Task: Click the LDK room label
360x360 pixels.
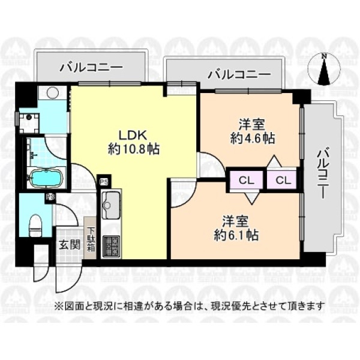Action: (x=132, y=136)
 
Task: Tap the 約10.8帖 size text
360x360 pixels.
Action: (x=134, y=149)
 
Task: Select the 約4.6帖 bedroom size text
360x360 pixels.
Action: (x=253, y=139)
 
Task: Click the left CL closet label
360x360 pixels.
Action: (x=247, y=181)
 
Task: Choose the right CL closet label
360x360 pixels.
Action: (x=283, y=181)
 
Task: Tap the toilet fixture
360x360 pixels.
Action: (x=35, y=224)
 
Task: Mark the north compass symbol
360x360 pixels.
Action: (x=324, y=68)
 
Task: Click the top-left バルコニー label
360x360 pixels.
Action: (x=91, y=68)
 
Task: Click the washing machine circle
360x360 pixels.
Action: (x=53, y=92)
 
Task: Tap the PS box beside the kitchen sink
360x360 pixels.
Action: (x=104, y=181)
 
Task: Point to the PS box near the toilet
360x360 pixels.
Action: (x=49, y=197)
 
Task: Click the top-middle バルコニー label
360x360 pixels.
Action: (x=239, y=75)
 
